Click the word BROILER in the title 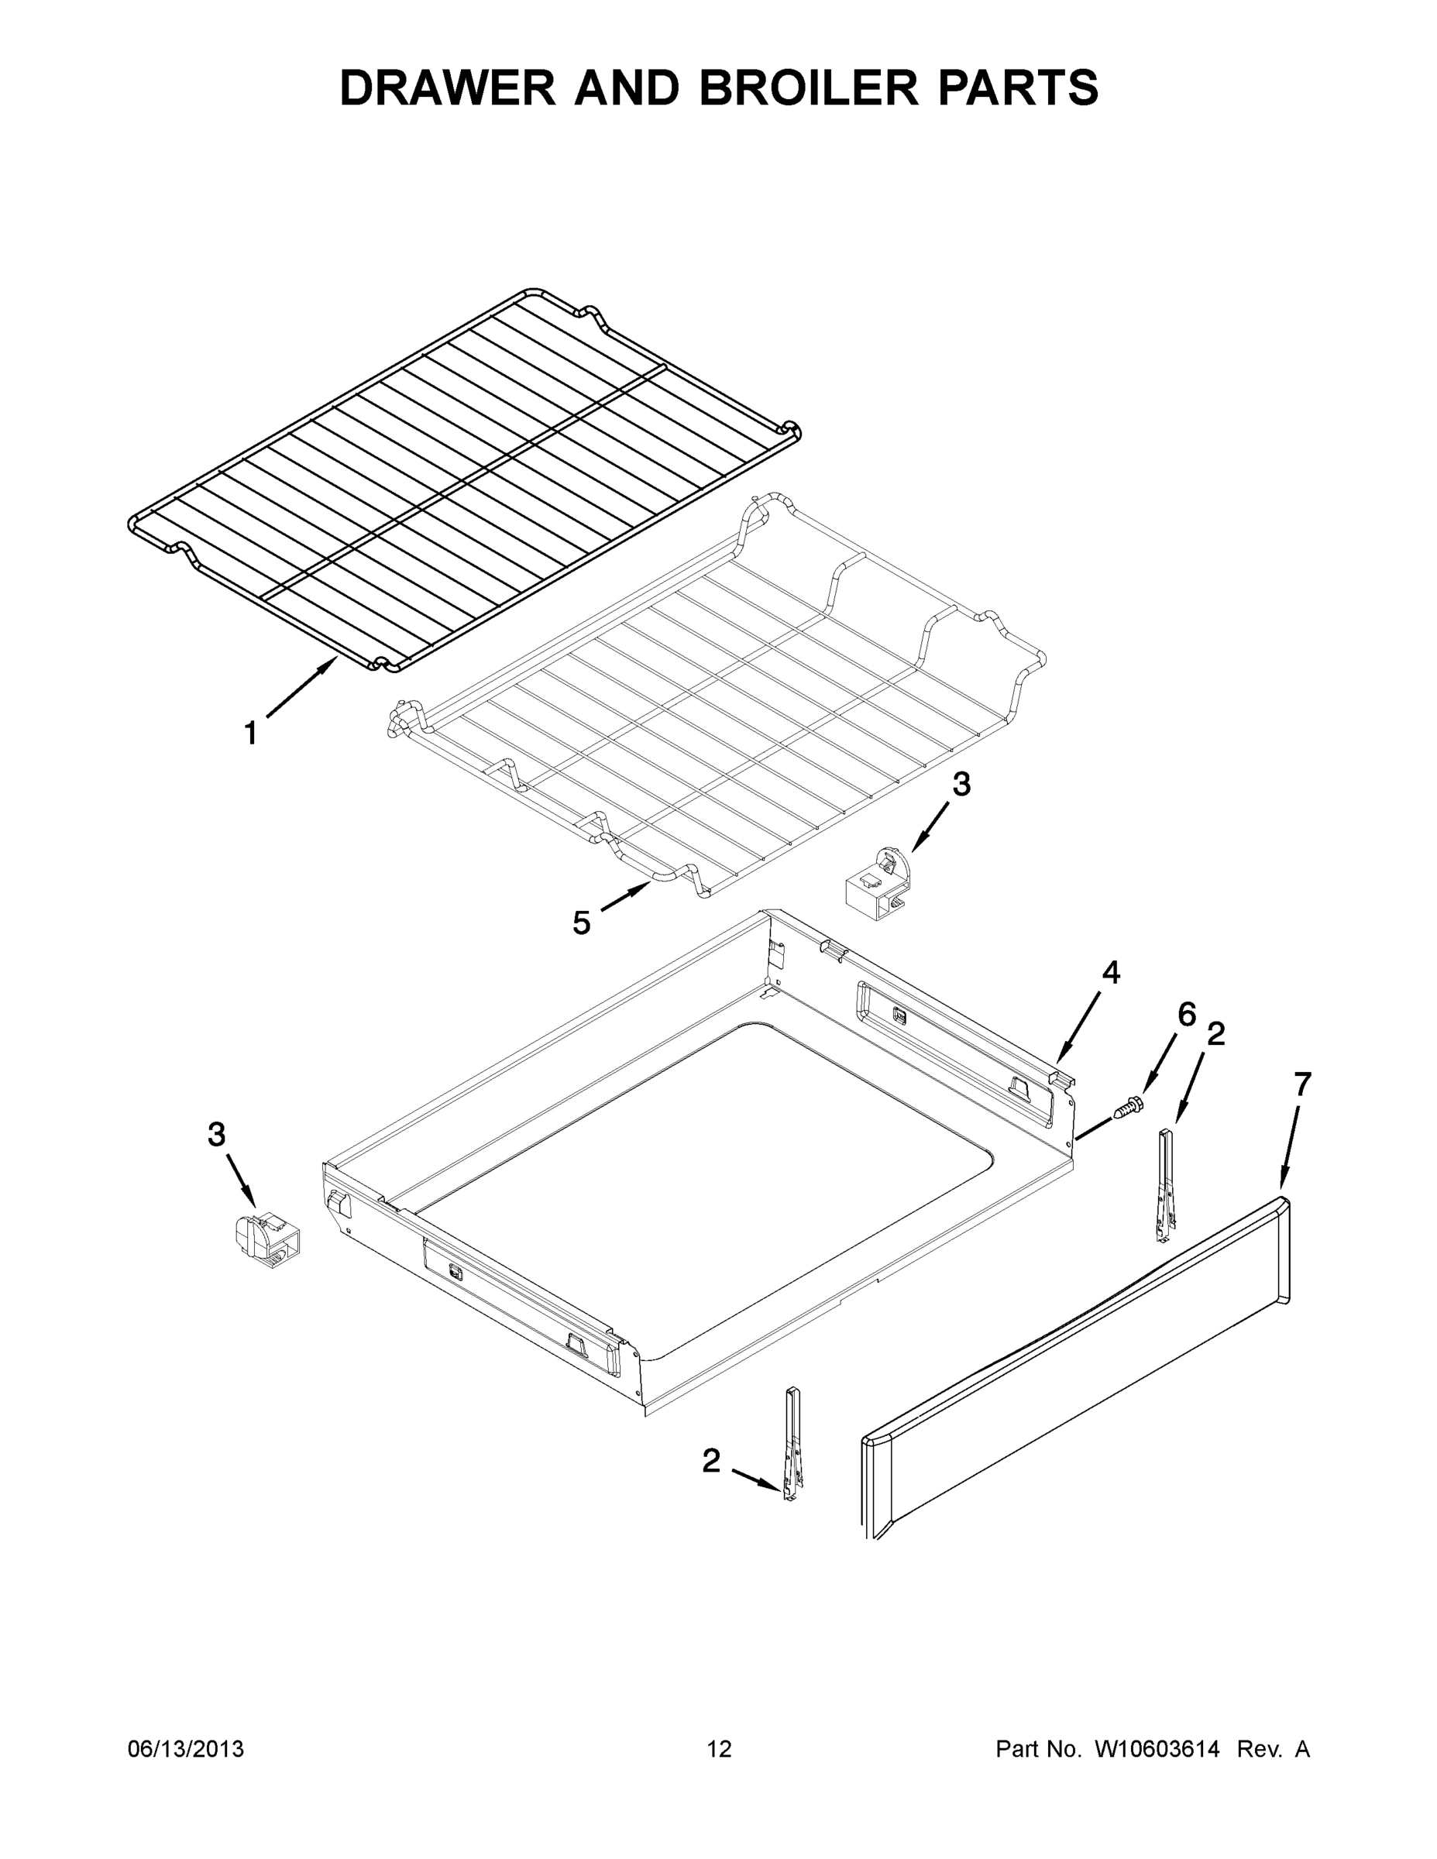[809, 88]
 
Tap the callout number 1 [250, 733]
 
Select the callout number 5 [582, 922]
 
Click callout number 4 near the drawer [1111, 972]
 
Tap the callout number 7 [1302, 1084]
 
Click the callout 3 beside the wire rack [961, 785]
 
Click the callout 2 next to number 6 [1216, 1034]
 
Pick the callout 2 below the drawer [711, 1461]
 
